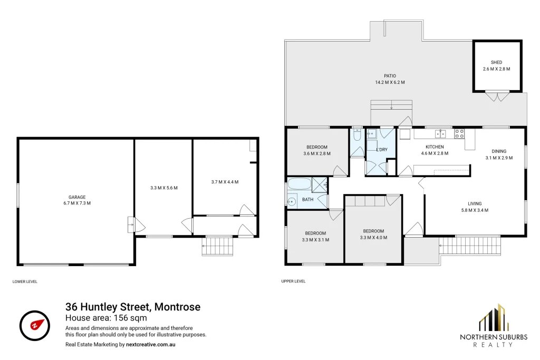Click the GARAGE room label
pyautogui.click(x=77, y=197)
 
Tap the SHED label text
pyautogui.click(x=496, y=62)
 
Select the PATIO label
pyautogui.click(x=390, y=76)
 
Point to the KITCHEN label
pyautogui.click(x=435, y=147)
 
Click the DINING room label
pyautogui.click(x=499, y=151)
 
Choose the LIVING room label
pyautogui.click(x=475, y=203)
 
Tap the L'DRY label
pyautogui.click(x=382, y=150)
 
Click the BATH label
pyautogui.click(x=307, y=199)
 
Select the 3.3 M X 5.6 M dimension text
pyautogui.click(x=164, y=188)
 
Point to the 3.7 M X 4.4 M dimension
pyautogui.click(x=225, y=182)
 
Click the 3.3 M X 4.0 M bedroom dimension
pyautogui.click(x=373, y=238)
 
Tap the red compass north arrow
pyautogui.click(x=37, y=324)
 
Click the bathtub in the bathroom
pyautogui.click(x=300, y=184)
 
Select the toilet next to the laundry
pyautogui.click(x=357, y=135)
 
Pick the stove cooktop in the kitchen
pyautogui.click(x=459, y=133)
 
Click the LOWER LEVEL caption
pyautogui.click(x=25, y=281)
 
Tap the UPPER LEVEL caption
pyautogui.click(x=293, y=281)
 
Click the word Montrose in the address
pyautogui.click(x=177, y=307)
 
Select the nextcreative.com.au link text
pyautogui.click(x=150, y=344)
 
